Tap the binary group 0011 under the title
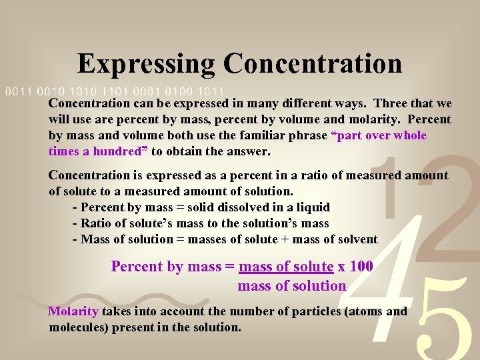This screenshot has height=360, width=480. coord(18,91)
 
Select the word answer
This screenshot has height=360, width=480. coord(248,151)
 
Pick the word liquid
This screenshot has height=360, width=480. coord(312,207)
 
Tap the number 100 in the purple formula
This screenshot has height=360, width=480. coord(361,267)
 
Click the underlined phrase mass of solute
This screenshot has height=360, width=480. coord(286,267)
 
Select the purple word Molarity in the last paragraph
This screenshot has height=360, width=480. coord(73,311)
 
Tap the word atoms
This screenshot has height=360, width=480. coord(365,311)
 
